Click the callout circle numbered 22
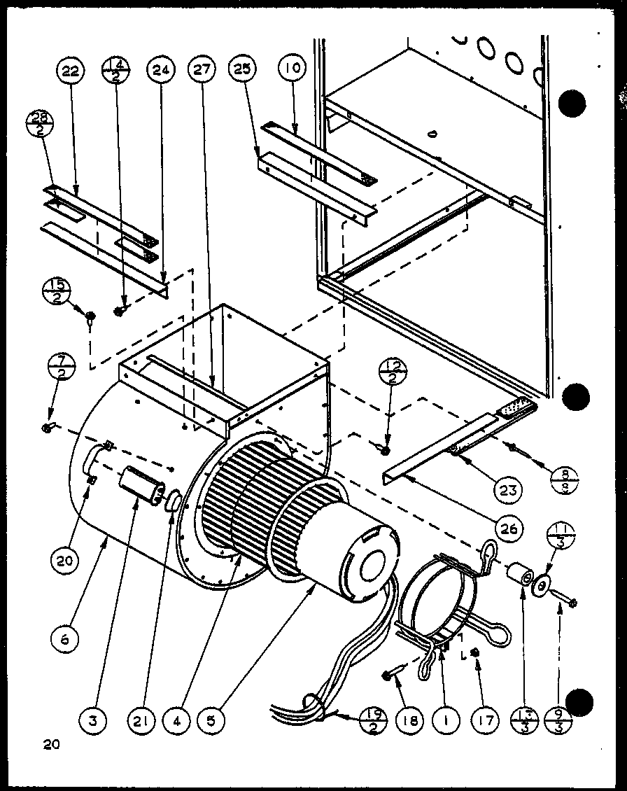pyautogui.click(x=71, y=71)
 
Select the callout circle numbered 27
pyautogui.click(x=201, y=71)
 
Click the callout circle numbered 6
pyautogui.click(x=64, y=638)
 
